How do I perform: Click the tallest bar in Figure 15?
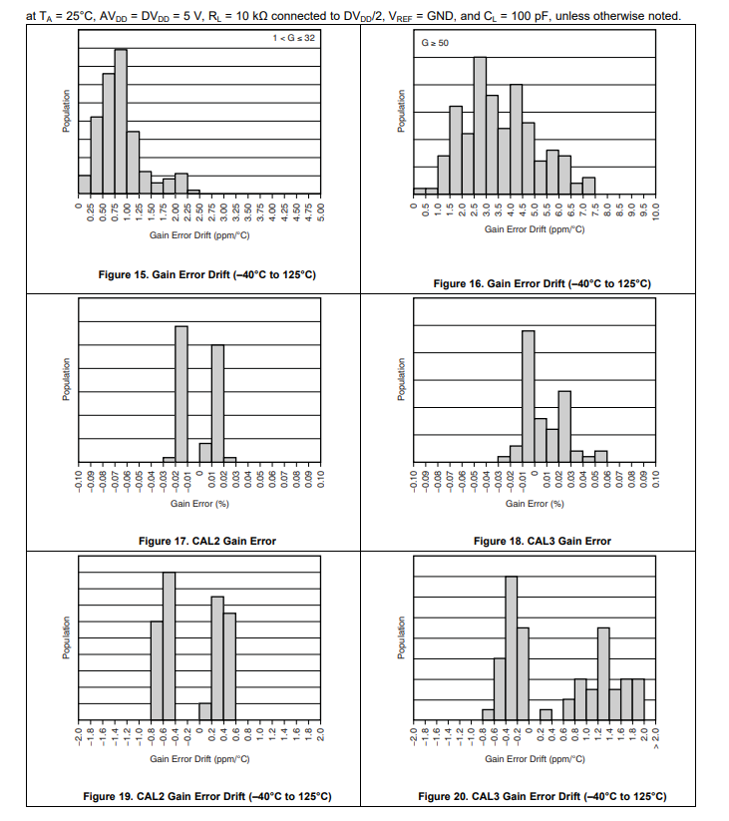(x=121, y=120)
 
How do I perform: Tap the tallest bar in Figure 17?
(x=182, y=394)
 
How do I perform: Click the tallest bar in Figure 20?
(x=511, y=647)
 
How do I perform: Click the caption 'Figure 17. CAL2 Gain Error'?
(x=207, y=541)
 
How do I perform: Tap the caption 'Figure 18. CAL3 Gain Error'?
(x=543, y=541)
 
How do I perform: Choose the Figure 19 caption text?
(x=207, y=796)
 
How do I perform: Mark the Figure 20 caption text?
(x=543, y=796)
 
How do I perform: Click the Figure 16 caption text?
(x=543, y=283)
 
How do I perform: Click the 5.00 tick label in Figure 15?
(x=321, y=213)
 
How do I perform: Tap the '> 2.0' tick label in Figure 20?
(x=655, y=740)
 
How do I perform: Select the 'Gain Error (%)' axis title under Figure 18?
(x=535, y=504)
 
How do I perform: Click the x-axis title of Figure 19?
(x=199, y=758)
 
